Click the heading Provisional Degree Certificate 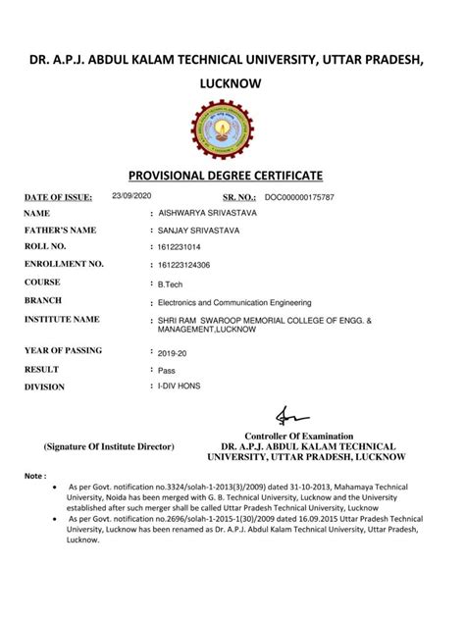pos(232,177)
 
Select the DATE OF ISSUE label pos(58,197)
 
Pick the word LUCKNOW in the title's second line pos(232,84)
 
